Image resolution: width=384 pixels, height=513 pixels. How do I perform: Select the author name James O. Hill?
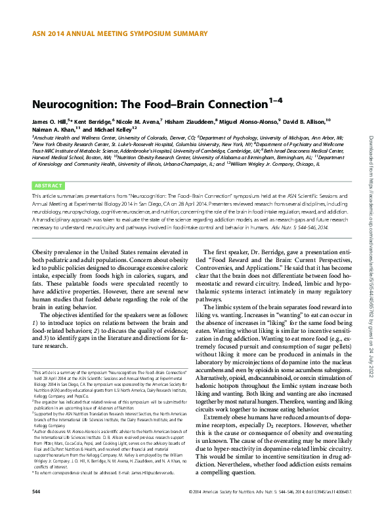[x=49, y=122]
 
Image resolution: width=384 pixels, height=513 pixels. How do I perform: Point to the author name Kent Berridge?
[x=93, y=122]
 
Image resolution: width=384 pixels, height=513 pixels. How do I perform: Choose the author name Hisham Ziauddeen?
[x=188, y=122]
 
